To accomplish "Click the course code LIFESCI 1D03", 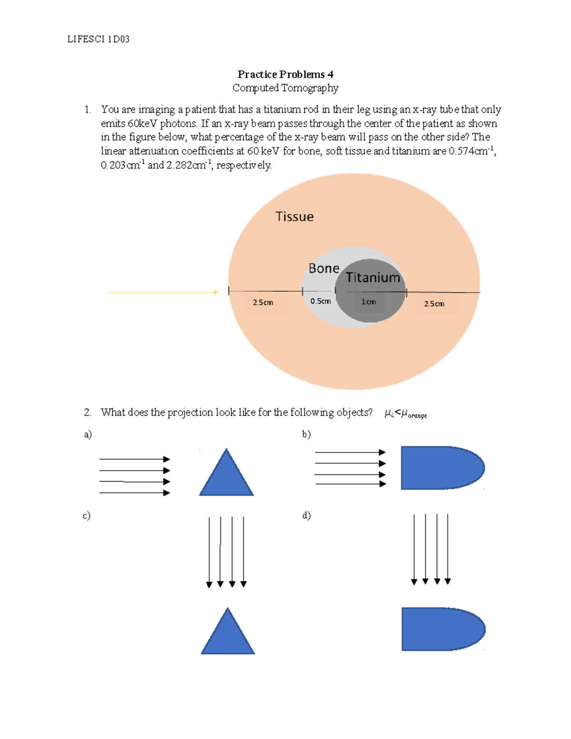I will [x=98, y=39].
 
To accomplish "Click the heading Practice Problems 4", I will [x=285, y=74].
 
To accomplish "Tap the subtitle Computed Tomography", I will [x=285, y=88].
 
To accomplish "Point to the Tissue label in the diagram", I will [x=295, y=217].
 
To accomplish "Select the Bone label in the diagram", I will [x=324, y=269].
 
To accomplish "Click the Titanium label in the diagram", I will [x=373, y=277].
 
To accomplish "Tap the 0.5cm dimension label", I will [x=320, y=301].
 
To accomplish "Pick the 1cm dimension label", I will [x=368, y=302].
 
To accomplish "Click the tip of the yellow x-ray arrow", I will [x=217, y=292].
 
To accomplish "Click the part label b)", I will [x=306, y=434].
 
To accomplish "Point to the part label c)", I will [x=86, y=515].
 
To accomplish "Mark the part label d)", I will [x=306, y=515].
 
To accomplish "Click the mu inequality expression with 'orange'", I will [x=405, y=414].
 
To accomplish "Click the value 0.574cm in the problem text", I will [x=471, y=151].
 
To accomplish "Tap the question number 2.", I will [x=87, y=413].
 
